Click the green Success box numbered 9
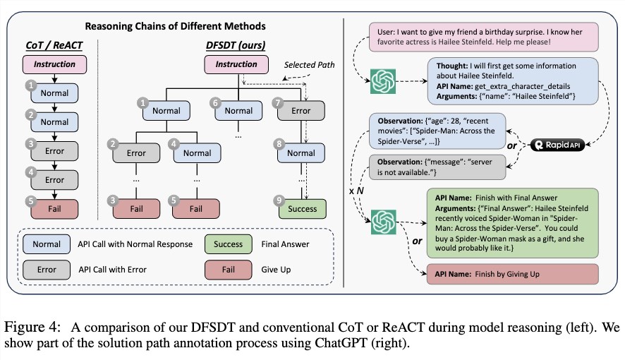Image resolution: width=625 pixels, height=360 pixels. pos(302,209)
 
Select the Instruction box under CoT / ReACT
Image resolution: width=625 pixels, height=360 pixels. pos(54,64)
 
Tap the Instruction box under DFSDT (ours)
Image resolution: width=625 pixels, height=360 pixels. pos(236,64)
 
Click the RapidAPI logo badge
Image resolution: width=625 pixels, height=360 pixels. pos(557,145)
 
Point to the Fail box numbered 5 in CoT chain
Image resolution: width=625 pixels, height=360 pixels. pos(54,209)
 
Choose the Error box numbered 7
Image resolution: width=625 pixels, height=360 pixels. pos(301,111)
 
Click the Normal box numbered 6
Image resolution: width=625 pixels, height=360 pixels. pos(238,111)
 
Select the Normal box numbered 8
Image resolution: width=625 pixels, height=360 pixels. pos(301,153)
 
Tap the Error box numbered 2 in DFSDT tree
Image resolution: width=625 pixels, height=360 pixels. pos(136,153)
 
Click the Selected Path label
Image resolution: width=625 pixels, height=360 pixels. pos(309,65)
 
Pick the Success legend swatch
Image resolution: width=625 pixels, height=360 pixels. pos(229,244)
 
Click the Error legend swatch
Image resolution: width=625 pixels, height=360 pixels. pos(47,270)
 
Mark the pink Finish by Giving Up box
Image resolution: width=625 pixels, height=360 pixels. pos(513,274)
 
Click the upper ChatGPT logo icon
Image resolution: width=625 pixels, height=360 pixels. pos(383,81)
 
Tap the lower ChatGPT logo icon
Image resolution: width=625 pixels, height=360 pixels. pos(384,222)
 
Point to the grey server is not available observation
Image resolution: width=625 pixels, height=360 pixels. pos(437,167)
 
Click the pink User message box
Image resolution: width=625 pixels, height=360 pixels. pos(483,37)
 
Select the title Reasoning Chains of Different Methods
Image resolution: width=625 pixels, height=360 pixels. pos(176,26)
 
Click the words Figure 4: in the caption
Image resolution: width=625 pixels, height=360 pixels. pos(32,328)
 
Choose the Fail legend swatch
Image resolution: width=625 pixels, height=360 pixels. pos(229,270)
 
